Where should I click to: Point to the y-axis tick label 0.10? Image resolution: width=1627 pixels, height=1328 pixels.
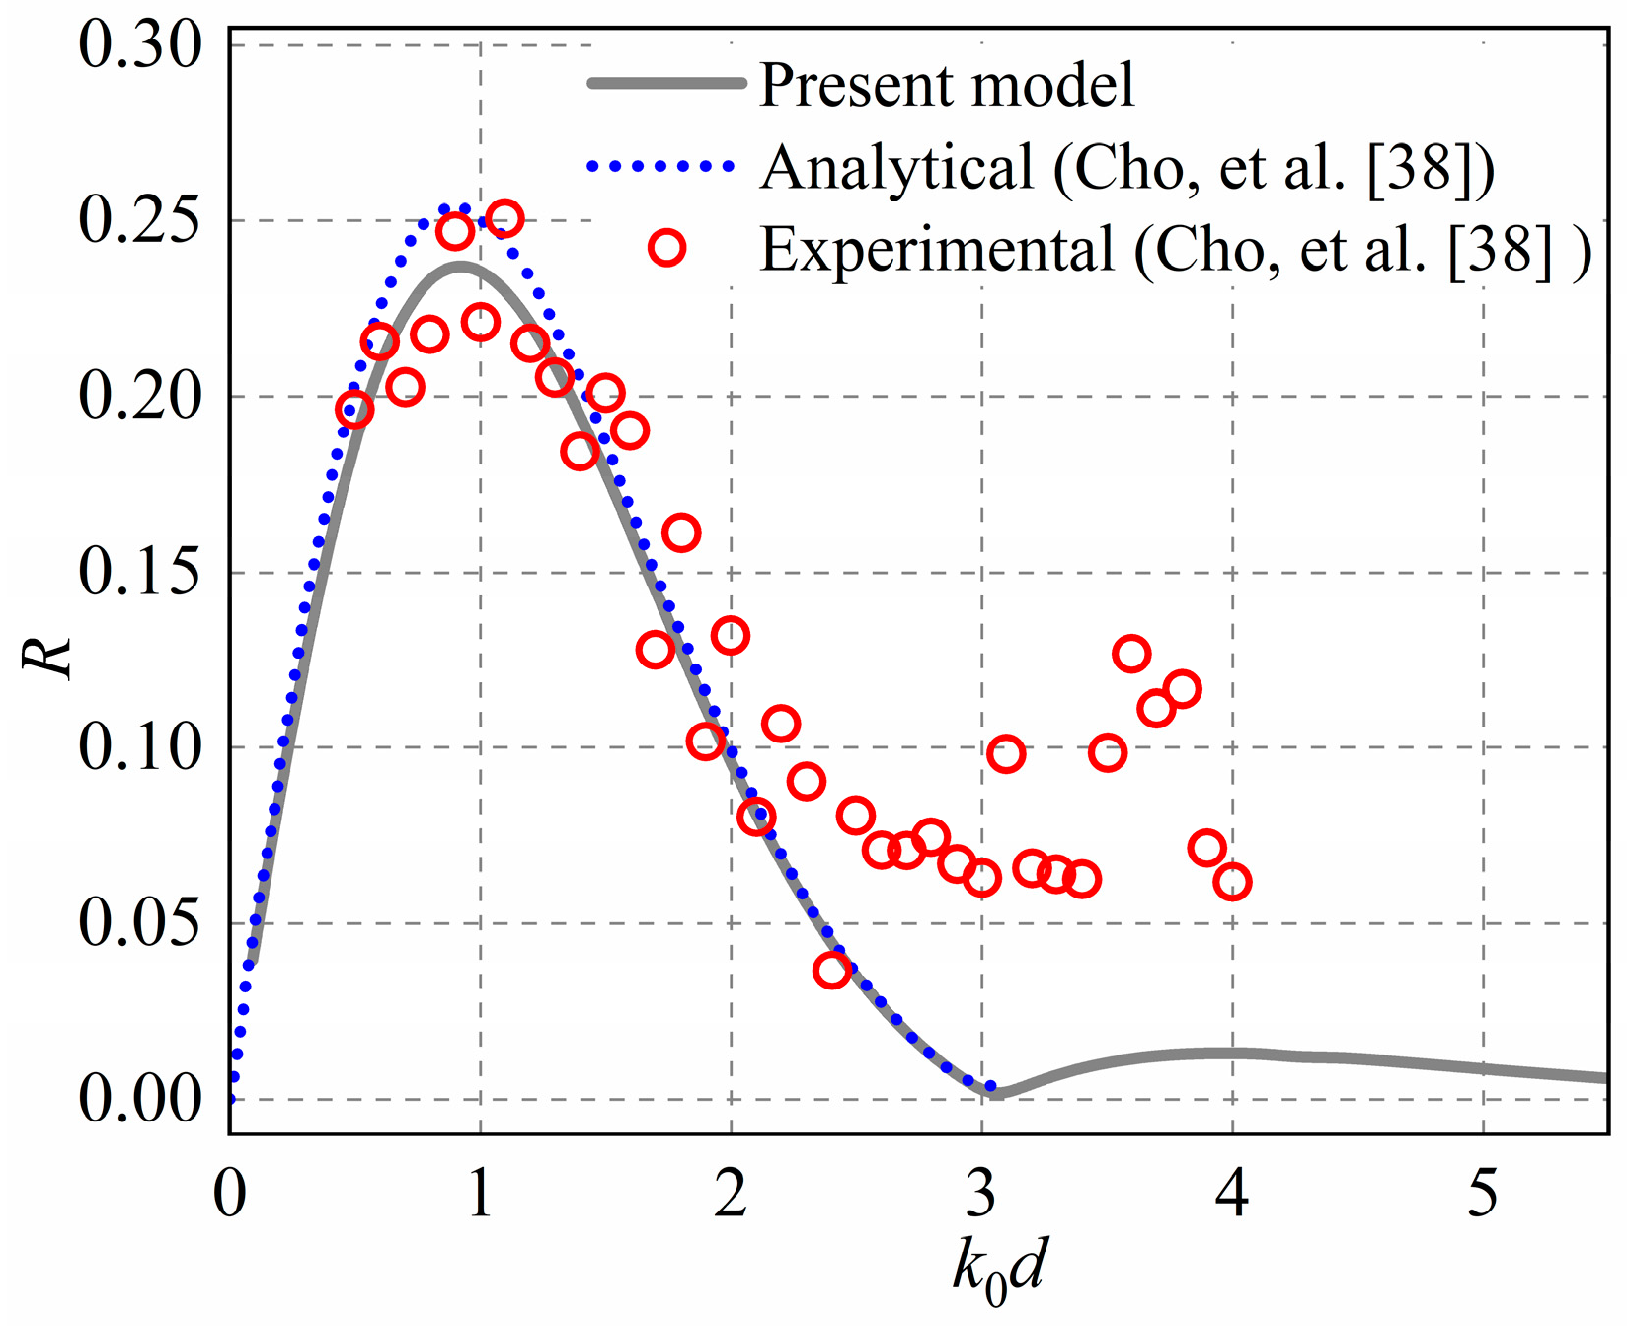140,747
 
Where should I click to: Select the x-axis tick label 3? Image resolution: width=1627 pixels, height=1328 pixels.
981,1194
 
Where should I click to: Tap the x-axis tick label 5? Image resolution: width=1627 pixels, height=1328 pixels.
1483,1194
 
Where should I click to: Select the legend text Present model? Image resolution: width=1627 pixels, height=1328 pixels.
947,85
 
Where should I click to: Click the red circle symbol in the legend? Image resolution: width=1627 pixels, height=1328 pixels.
667,247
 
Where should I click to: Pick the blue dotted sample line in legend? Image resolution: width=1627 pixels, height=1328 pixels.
660,166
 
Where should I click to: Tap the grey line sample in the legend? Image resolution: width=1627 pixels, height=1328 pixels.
666,84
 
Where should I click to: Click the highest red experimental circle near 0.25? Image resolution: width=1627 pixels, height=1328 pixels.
504,218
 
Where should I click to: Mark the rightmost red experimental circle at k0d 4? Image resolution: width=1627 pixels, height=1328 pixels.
1232,881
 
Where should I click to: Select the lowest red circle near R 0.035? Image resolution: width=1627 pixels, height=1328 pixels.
832,971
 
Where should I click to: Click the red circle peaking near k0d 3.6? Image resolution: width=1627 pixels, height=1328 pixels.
1131,654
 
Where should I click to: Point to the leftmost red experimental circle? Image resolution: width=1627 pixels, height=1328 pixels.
354,409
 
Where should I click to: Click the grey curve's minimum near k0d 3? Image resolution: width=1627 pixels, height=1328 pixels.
995,1092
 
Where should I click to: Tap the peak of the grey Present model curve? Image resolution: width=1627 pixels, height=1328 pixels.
460,265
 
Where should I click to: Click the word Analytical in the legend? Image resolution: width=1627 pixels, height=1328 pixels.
897,167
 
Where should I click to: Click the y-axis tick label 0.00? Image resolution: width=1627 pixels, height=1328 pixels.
140,1099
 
